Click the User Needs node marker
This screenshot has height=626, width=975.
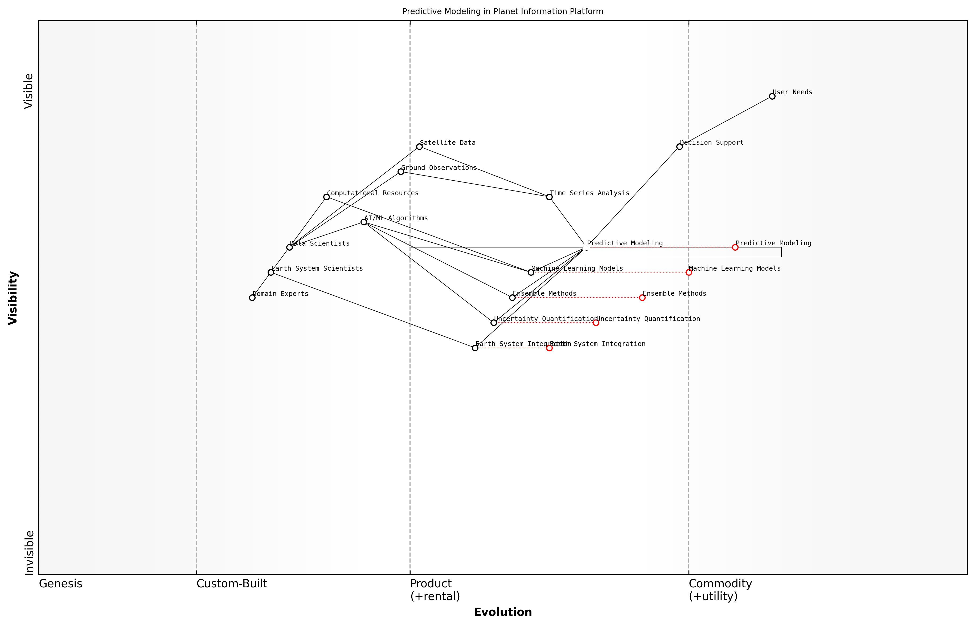pos(772,96)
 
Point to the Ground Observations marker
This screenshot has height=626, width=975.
pos(400,172)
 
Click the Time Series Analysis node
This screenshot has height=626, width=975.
pos(549,197)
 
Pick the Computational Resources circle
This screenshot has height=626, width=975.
pos(326,197)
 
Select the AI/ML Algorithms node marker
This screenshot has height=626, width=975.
pos(364,222)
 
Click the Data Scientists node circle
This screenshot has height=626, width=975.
pos(289,247)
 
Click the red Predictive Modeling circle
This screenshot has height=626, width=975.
pos(735,247)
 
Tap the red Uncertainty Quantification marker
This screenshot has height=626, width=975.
pos(596,323)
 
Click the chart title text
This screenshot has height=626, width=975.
pos(502,11)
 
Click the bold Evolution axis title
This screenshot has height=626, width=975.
pos(502,612)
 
